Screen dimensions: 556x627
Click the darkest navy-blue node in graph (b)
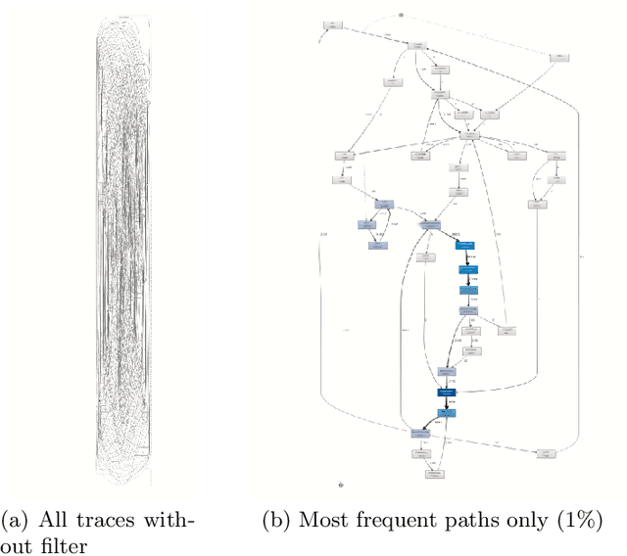click(448, 392)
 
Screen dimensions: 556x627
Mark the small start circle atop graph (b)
click(402, 15)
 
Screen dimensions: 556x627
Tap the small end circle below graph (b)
click(341, 484)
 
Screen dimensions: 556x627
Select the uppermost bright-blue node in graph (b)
click(465, 246)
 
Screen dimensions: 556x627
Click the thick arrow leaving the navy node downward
click(448, 402)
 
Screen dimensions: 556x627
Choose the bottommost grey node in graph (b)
click(433, 474)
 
